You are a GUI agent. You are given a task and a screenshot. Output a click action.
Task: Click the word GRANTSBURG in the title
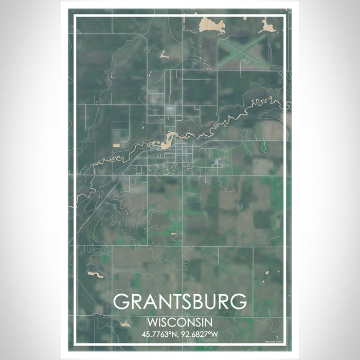click(179, 302)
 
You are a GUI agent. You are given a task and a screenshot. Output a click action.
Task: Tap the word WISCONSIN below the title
click(179, 322)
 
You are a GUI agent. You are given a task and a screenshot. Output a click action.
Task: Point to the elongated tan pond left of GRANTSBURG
click(95, 275)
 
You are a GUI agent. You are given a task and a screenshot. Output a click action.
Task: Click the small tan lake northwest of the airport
click(164, 53)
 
